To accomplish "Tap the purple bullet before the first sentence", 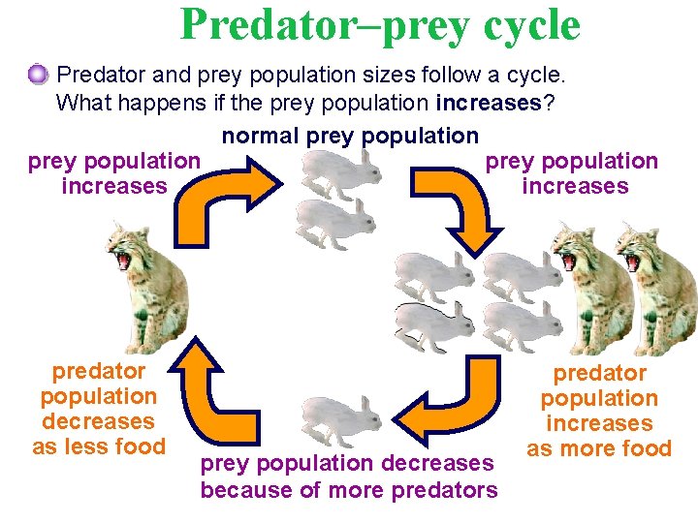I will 38,74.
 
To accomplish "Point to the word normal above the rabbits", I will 261,136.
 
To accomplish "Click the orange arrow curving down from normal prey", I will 457,204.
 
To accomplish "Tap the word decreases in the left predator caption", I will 98,421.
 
